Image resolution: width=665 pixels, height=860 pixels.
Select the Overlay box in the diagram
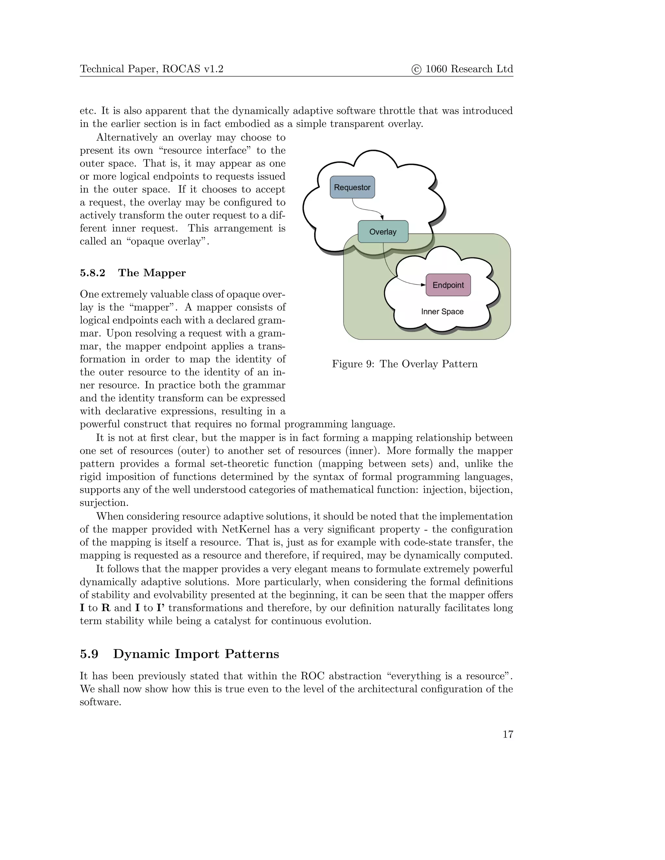(x=383, y=231)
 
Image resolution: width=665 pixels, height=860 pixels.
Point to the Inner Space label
(x=442, y=312)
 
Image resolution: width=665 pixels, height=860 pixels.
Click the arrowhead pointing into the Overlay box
(x=382, y=217)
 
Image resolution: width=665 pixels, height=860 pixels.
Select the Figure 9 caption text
(x=405, y=364)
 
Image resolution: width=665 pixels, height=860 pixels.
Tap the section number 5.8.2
(x=93, y=273)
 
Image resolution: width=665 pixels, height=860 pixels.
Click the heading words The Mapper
(x=152, y=273)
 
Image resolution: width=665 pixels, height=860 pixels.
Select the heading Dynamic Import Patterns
(x=196, y=654)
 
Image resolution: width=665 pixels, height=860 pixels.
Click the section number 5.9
(x=89, y=654)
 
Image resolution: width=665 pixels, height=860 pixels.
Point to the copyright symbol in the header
(x=416, y=69)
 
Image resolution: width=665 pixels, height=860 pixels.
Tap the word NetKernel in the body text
(x=245, y=529)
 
